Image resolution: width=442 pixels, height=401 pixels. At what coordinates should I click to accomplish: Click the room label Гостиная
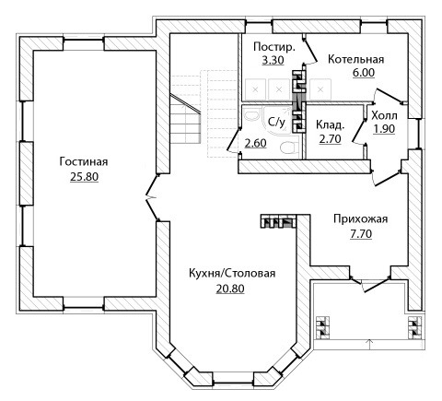click(84, 161)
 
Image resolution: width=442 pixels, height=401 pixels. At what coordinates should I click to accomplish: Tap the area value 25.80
click(84, 177)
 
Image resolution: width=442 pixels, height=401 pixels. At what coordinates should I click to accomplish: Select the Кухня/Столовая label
click(232, 273)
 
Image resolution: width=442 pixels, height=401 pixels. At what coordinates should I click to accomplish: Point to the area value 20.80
click(230, 289)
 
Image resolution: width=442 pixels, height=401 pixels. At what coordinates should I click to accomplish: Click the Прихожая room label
click(361, 218)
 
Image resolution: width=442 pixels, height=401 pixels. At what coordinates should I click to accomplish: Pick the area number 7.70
click(361, 234)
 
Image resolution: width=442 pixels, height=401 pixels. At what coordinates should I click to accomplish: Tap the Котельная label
click(355, 59)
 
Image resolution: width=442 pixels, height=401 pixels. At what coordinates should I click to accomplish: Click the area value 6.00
click(364, 73)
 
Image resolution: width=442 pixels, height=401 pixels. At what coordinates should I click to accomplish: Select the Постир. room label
click(274, 47)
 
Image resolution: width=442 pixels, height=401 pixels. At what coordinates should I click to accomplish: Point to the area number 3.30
click(273, 60)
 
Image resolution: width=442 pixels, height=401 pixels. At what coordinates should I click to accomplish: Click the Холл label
click(384, 116)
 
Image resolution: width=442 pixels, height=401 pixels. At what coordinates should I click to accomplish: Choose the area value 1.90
click(384, 129)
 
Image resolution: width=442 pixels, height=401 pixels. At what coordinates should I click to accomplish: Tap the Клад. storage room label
click(330, 125)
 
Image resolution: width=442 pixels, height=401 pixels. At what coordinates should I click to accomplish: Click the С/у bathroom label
click(276, 122)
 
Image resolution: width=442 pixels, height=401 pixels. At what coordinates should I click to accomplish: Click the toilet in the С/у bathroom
click(289, 147)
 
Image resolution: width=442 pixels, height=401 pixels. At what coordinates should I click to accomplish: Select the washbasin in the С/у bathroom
click(252, 116)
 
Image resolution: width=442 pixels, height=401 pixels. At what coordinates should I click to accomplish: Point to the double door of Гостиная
click(153, 197)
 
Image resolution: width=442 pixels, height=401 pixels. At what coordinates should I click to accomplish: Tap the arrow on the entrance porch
click(369, 342)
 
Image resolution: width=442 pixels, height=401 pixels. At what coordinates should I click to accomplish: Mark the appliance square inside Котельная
click(320, 89)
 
